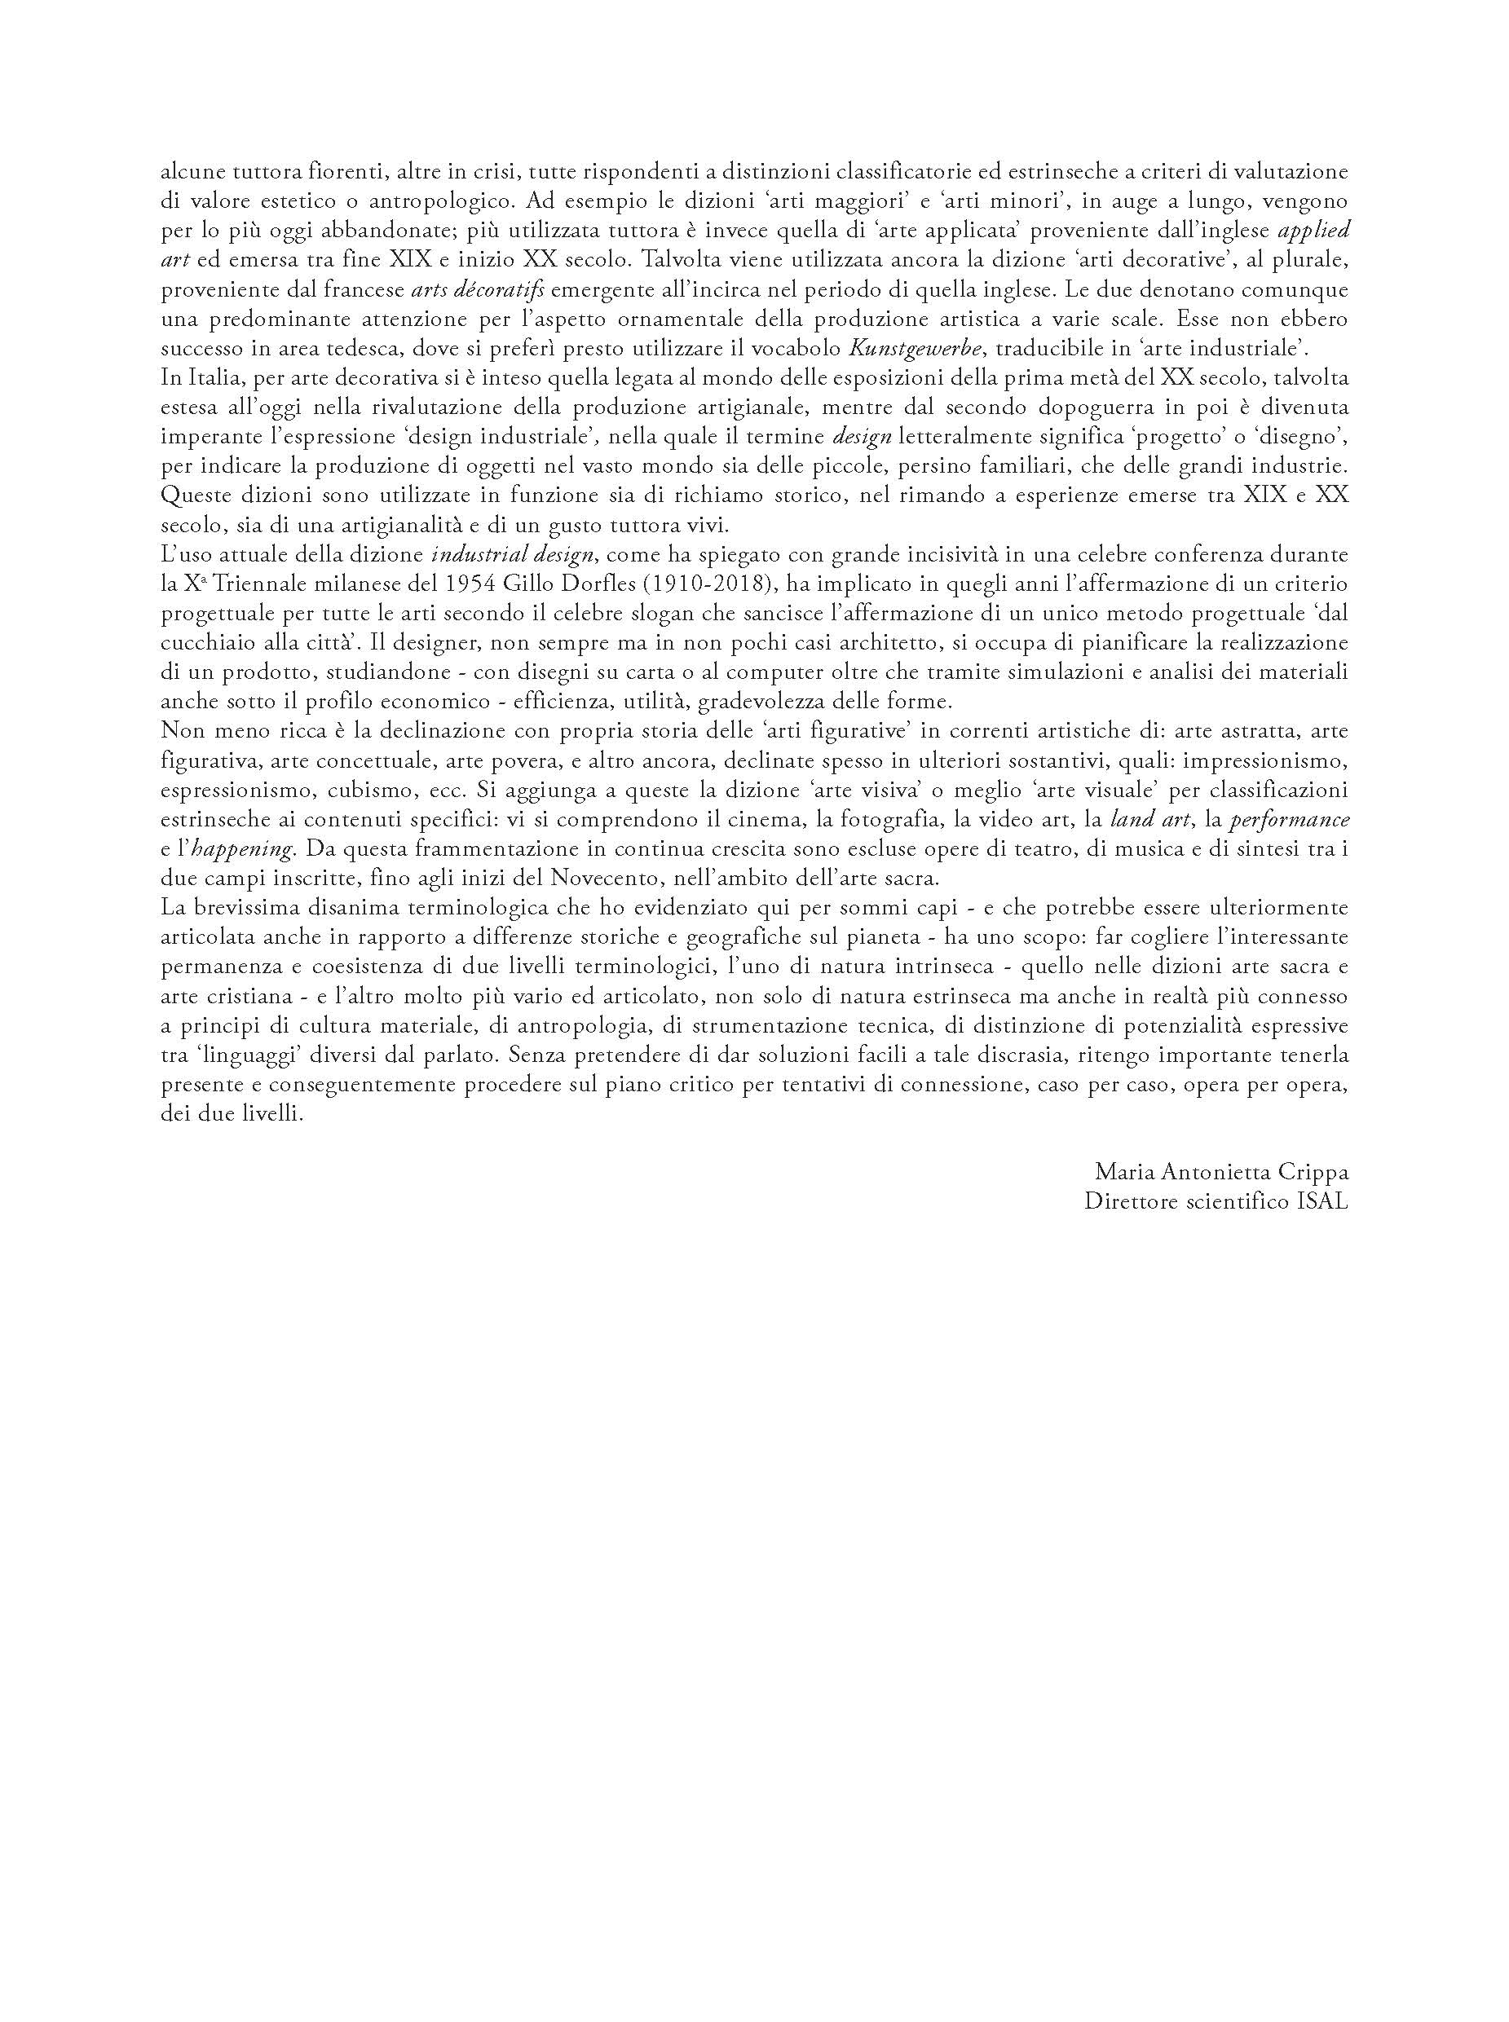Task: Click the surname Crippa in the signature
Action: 1312,1173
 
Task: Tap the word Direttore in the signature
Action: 1124,1202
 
